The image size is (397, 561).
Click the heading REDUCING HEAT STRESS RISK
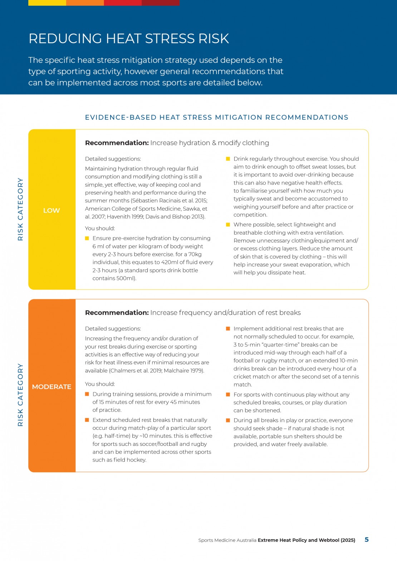click(x=129, y=39)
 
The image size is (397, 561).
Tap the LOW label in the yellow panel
click(x=52, y=211)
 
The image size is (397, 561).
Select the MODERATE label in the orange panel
click(x=52, y=387)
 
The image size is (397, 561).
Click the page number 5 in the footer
click(x=367, y=540)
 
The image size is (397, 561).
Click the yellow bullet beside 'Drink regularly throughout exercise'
click(x=228, y=159)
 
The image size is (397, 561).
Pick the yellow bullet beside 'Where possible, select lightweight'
click(x=228, y=225)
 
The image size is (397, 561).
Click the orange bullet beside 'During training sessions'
click(x=87, y=394)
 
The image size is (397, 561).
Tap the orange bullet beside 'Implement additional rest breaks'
click(x=228, y=329)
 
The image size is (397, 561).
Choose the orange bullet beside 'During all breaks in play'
click(x=228, y=420)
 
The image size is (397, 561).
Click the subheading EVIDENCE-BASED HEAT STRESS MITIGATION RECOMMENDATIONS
click(x=216, y=117)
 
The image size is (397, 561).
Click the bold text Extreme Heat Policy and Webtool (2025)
click(x=307, y=540)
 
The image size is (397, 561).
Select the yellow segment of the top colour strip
click(x=47, y=3)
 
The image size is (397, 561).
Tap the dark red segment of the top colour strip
click(x=161, y=3)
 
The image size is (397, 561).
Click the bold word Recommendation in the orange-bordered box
click(x=117, y=313)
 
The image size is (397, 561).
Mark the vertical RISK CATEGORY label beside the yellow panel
click(x=20, y=209)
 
